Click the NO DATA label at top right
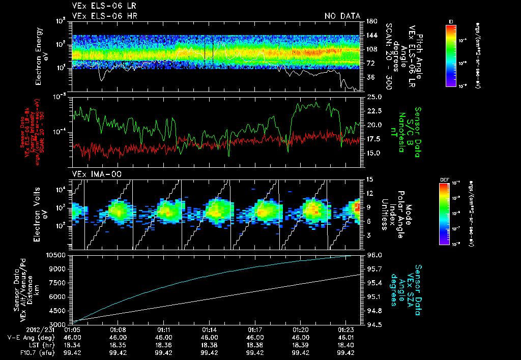click(342, 16)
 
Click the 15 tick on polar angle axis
click(369, 179)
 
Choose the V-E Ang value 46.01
click(346, 337)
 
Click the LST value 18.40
click(346, 345)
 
